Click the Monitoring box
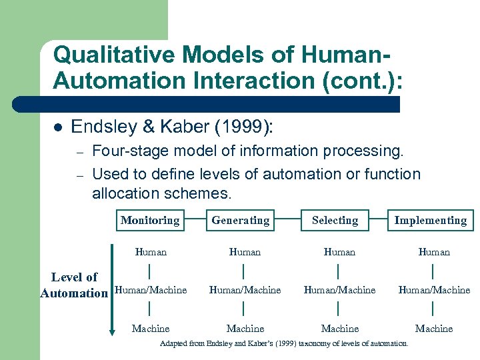150,220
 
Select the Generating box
241,220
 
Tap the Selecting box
335,220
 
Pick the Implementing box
430,220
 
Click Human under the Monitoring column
151,252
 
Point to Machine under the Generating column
245,329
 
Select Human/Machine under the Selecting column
339,290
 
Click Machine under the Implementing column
434,329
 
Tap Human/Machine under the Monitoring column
151,290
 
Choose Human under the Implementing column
434,252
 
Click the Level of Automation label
74,285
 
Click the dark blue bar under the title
207,104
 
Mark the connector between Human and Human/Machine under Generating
244,271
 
